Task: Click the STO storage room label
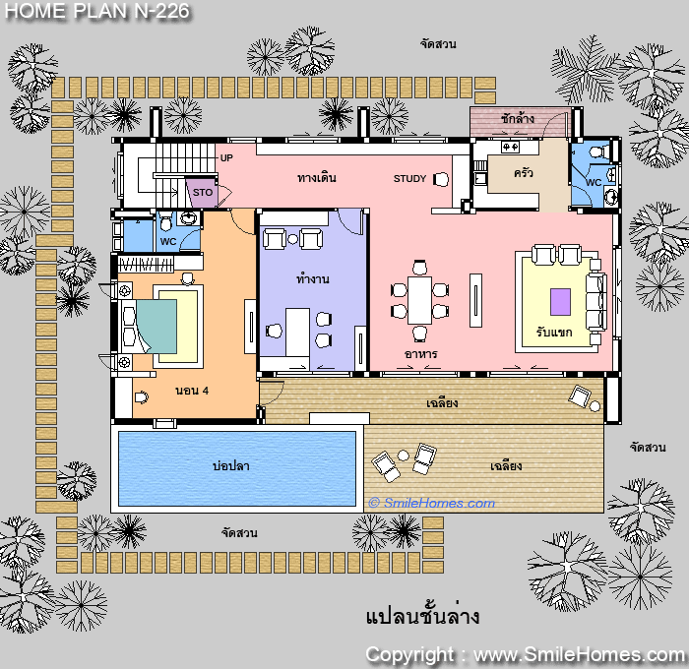click(203, 193)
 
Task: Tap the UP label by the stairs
click(226, 157)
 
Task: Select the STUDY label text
click(409, 179)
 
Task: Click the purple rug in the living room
click(561, 302)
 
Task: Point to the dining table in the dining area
click(419, 300)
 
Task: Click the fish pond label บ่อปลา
click(231, 465)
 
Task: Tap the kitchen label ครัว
click(524, 172)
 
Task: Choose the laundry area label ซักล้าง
click(517, 118)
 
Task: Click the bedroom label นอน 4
click(192, 391)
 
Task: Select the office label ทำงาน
click(312, 279)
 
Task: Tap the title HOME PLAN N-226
click(97, 11)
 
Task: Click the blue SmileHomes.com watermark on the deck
click(432, 503)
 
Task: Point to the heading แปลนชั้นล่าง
click(422, 616)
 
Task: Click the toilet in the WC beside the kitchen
click(598, 152)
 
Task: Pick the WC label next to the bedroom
click(168, 242)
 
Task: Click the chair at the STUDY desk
click(441, 179)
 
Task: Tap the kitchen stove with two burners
click(510, 147)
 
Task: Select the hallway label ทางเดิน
click(317, 178)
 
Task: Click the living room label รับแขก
click(554, 333)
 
